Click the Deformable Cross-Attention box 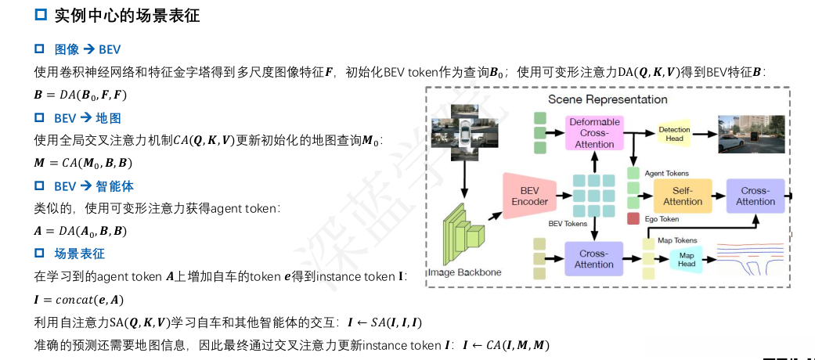click(x=594, y=133)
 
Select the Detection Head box click(x=674, y=133)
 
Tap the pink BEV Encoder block click(x=529, y=196)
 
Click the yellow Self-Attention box click(x=683, y=196)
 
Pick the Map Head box click(x=687, y=259)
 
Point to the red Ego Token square click(x=633, y=219)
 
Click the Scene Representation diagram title click(x=608, y=99)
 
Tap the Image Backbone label click(x=464, y=272)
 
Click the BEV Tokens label click(x=567, y=224)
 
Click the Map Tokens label click(x=677, y=240)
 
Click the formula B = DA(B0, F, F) click(x=80, y=95)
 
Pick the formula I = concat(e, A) click(x=78, y=299)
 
